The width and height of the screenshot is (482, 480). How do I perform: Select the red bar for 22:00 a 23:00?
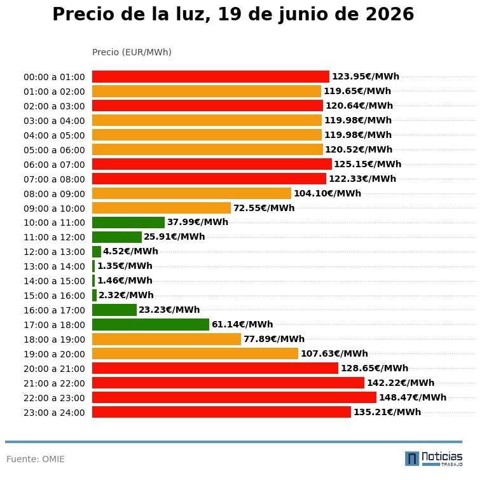[x=234, y=397]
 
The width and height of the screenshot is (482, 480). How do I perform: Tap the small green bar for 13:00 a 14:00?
[x=93, y=266]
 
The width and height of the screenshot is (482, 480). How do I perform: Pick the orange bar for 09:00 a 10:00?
[x=162, y=208]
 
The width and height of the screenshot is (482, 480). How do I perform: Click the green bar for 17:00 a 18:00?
[x=151, y=324]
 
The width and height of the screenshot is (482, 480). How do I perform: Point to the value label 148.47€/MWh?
[x=413, y=397]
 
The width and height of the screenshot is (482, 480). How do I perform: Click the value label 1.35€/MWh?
[x=125, y=266]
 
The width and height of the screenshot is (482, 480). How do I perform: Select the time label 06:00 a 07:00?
[x=54, y=165]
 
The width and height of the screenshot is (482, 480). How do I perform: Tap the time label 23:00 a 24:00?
[x=54, y=413]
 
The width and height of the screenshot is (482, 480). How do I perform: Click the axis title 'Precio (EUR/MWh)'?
[x=132, y=52]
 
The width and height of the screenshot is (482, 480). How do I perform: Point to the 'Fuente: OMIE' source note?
[x=36, y=459]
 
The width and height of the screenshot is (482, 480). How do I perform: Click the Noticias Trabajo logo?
[x=434, y=458]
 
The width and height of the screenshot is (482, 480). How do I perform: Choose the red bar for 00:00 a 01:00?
[x=210, y=76]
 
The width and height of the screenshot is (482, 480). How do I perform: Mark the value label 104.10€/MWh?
[x=327, y=193]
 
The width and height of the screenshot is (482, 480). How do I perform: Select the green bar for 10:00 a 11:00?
[x=128, y=223]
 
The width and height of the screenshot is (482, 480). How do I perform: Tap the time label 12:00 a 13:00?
[x=54, y=252]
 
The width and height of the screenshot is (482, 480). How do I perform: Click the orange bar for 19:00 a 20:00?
[x=195, y=353]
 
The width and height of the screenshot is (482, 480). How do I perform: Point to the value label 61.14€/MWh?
[x=242, y=324]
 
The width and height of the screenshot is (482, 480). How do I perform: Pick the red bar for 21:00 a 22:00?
[x=228, y=383]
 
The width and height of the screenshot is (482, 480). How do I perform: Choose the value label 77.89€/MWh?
[x=274, y=339]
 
